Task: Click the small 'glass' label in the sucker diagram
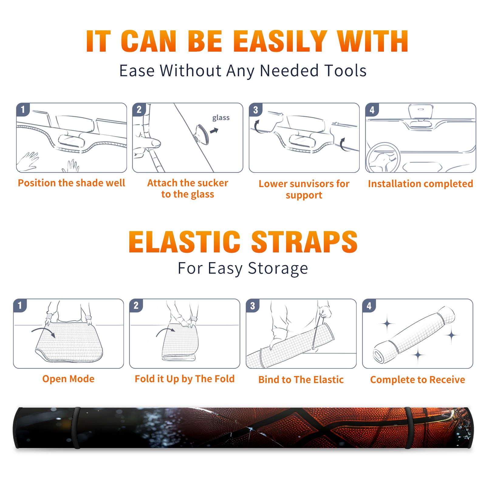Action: pyautogui.click(x=221, y=118)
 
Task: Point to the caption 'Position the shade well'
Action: pyautogui.click(x=71, y=183)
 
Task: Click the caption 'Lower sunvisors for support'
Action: pyautogui.click(x=304, y=189)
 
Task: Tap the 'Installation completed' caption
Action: pyautogui.click(x=420, y=183)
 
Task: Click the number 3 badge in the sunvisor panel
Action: pyautogui.click(x=255, y=110)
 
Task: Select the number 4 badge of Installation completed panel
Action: pyautogui.click(x=372, y=110)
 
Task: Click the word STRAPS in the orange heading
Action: pyautogui.click(x=304, y=242)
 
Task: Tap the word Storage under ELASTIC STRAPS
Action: pyautogui.click(x=278, y=269)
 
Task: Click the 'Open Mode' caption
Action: pyautogui.click(x=68, y=379)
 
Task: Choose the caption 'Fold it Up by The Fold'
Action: pyautogui.click(x=185, y=379)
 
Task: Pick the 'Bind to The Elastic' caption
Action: pyautogui.click(x=301, y=379)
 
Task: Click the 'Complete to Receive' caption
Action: pyautogui.click(x=418, y=379)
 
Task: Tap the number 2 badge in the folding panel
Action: pyautogui.click(x=136, y=306)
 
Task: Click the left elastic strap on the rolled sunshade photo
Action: pyautogui.click(x=77, y=428)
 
